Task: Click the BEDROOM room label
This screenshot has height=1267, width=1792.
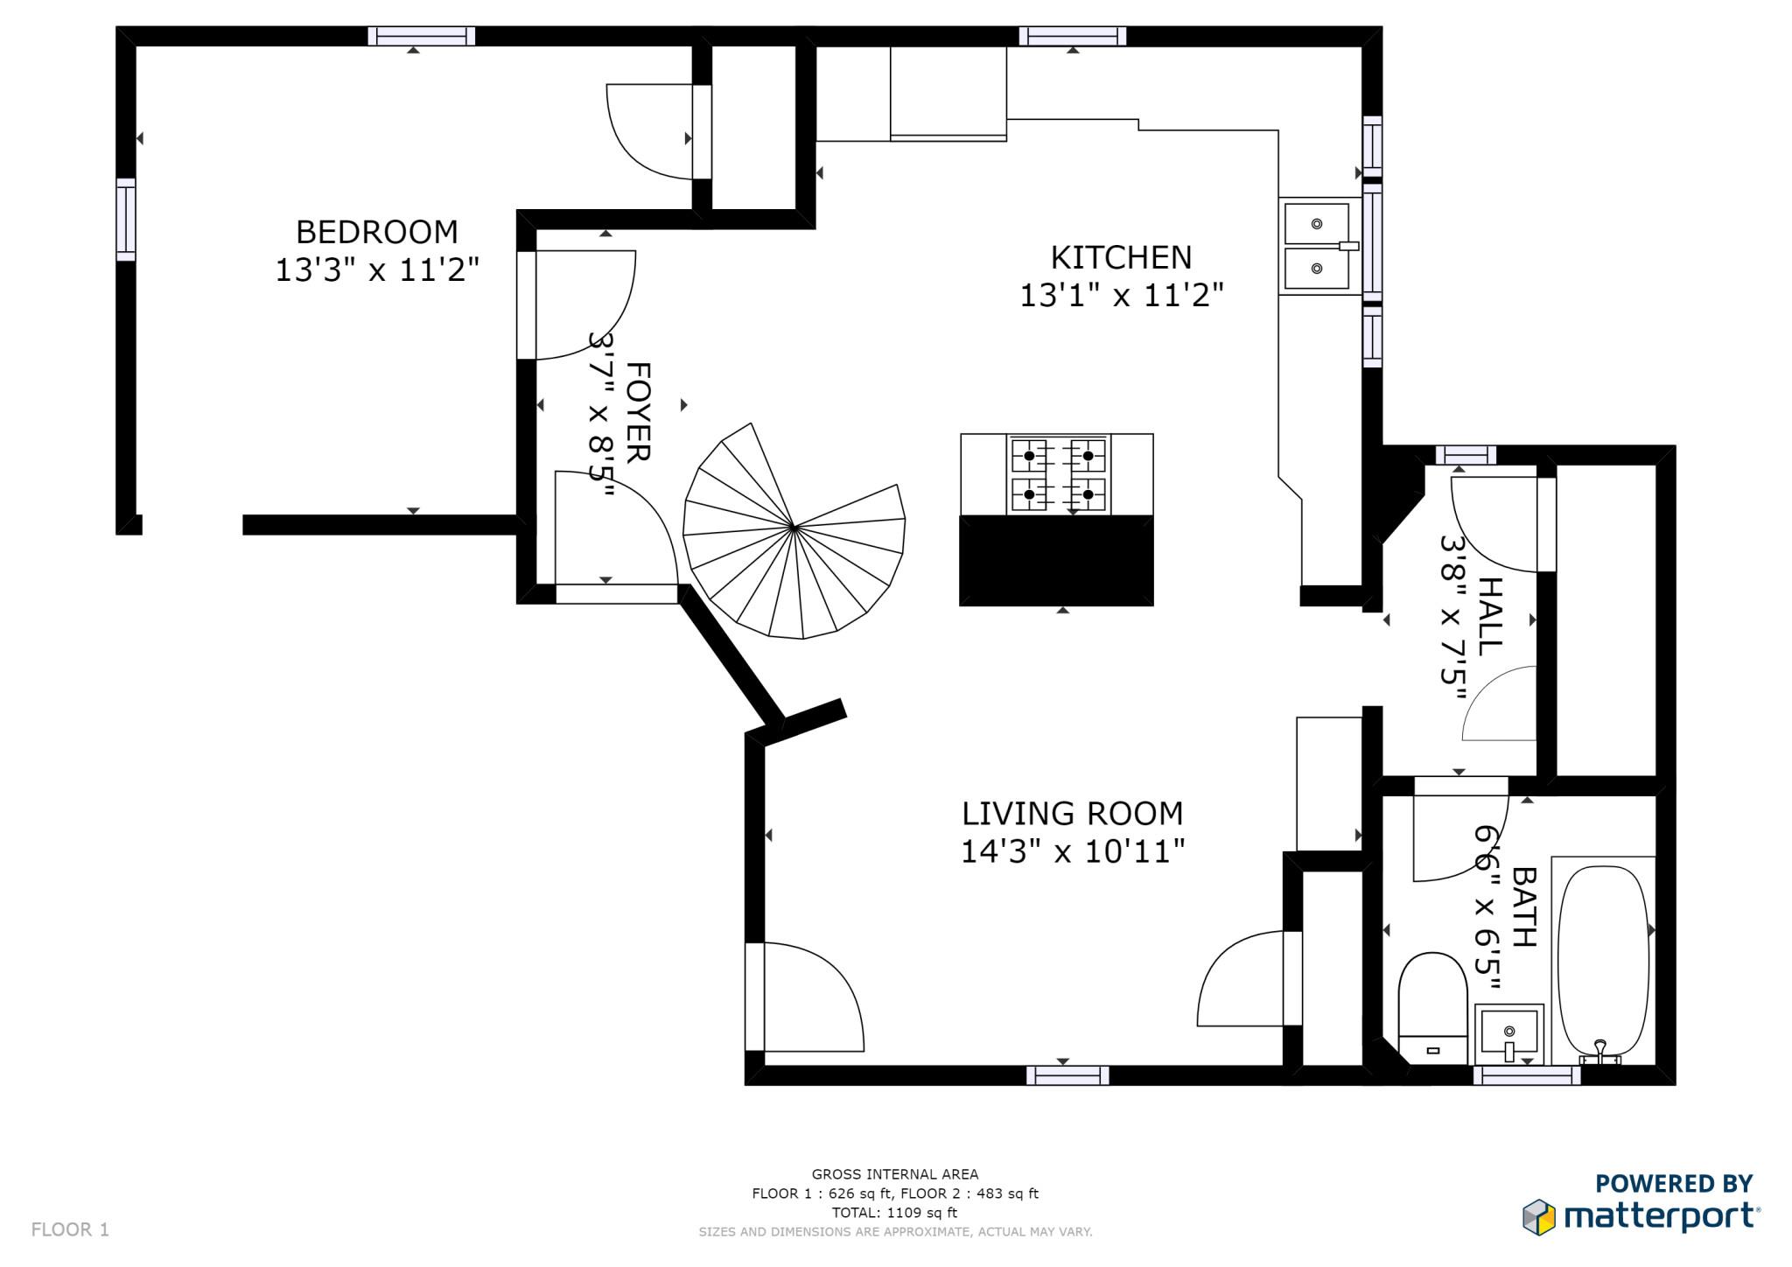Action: [x=376, y=232]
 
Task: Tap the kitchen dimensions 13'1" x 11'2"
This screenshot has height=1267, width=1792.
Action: [x=1121, y=296]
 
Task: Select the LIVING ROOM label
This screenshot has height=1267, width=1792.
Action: [x=1072, y=814]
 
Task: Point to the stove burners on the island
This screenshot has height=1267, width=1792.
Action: [x=1058, y=474]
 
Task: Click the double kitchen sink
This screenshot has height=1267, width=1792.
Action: [x=1318, y=246]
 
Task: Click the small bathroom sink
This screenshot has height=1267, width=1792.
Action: [x=1508, y=1033]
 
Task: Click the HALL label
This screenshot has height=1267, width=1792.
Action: [x=1489, y=616]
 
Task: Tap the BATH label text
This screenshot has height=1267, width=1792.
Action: [x=1524, y=906]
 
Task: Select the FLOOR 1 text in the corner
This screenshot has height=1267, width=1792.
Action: [x=70, y=1229]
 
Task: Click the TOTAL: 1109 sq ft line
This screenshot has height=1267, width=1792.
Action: [x=894, y=1213]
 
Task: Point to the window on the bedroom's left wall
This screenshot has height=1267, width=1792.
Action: [x=127, y=219]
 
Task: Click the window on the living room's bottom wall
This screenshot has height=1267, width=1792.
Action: [x=1067, y=1075]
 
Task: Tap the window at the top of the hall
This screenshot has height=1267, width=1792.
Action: [x=1466, y=455]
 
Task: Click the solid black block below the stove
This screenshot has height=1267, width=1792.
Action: [x=1056, y=560]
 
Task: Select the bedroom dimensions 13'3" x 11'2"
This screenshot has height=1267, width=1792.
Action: [x=377, y=270]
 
